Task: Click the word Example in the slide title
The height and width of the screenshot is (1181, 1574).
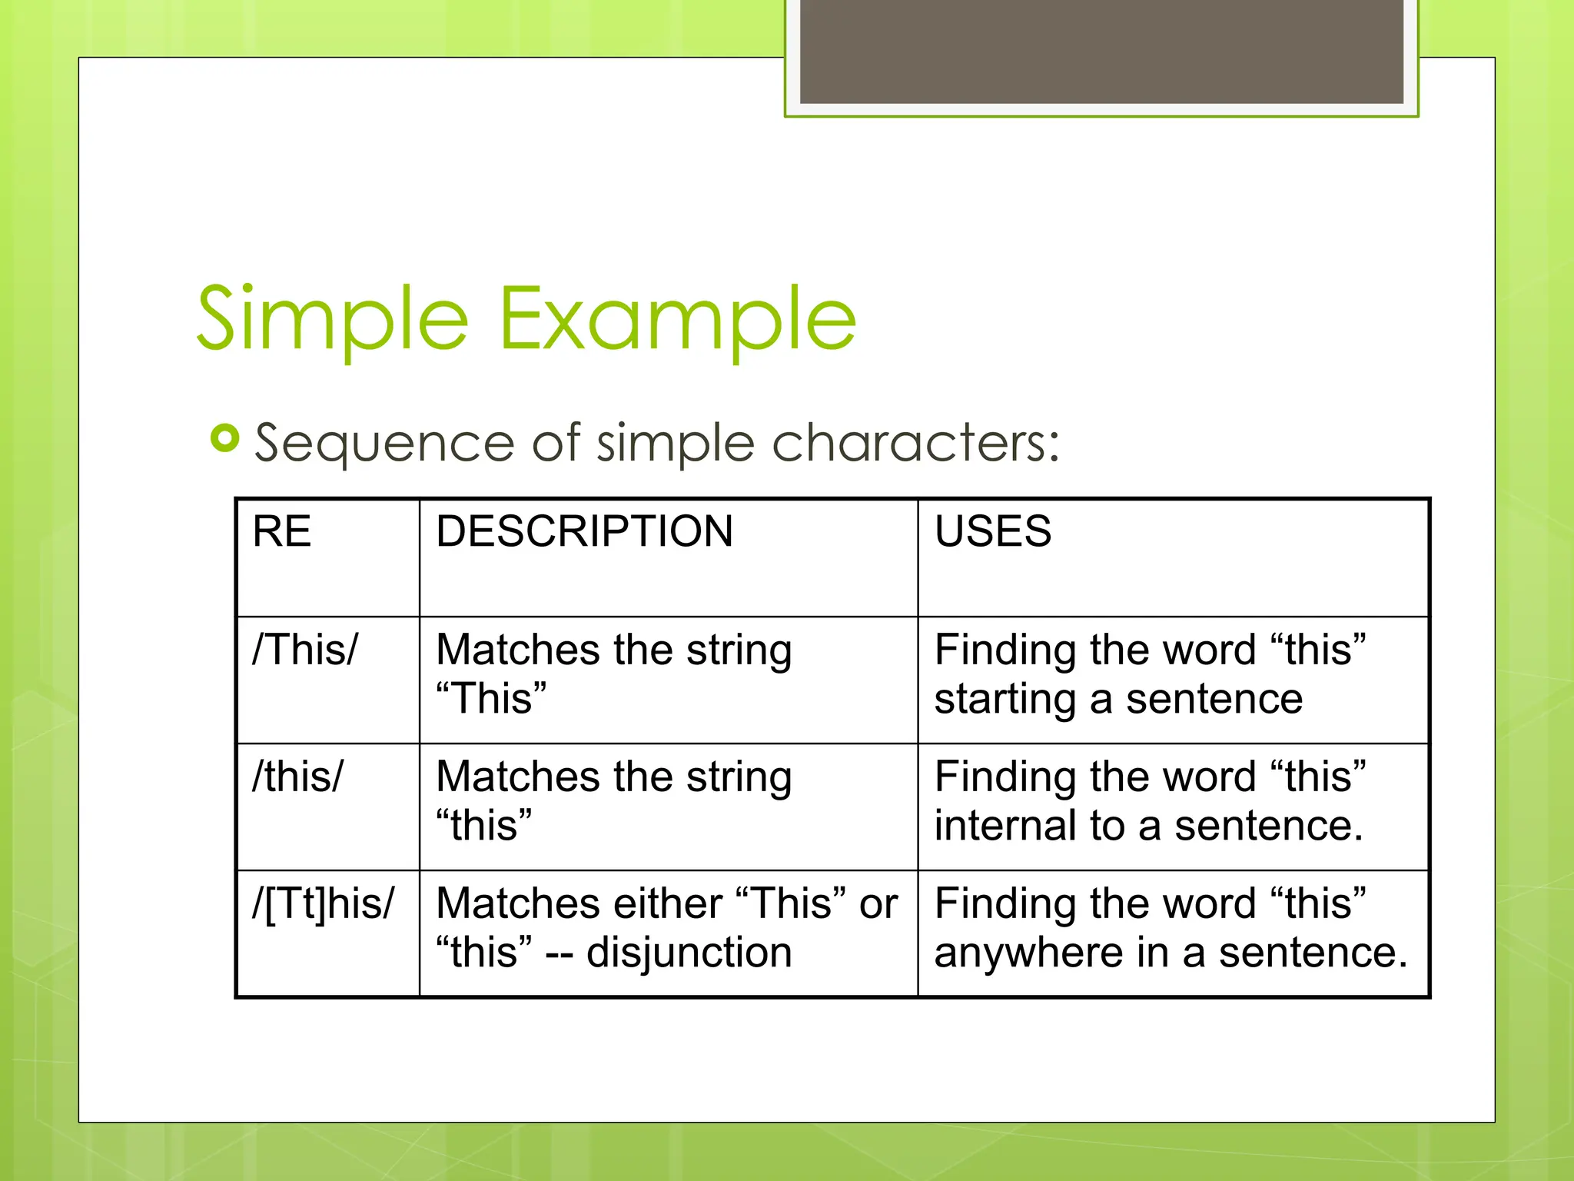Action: tap(678, 319)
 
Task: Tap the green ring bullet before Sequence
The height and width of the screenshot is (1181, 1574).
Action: tap(224, 438)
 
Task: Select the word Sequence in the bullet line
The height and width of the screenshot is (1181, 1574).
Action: tap(384, 444)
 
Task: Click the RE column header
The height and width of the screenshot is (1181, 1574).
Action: tap(281, 531)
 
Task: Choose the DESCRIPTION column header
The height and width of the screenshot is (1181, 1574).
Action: tap(584, 531)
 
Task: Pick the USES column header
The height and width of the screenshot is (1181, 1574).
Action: tap(993, 531)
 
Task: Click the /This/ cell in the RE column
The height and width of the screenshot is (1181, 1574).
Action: tap(305, 650)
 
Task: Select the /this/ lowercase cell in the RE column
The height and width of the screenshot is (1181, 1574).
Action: tap(298, 777)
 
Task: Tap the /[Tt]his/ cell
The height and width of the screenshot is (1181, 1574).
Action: tap(324, 903)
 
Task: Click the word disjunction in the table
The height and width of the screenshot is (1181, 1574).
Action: tap(689, 953)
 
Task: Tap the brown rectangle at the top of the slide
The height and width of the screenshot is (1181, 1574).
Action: tap(1101, 51)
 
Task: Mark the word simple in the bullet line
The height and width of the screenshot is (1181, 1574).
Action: tap(676, 444)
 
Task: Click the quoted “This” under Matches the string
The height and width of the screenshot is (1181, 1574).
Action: tap(491, 699)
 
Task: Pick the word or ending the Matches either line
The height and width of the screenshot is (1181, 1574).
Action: tap(878, 904)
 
